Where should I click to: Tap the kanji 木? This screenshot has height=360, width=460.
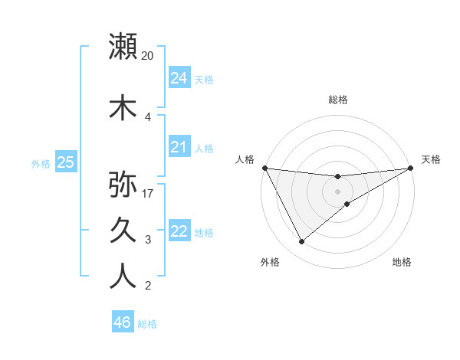123,107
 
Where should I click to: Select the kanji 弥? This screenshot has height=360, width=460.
123,185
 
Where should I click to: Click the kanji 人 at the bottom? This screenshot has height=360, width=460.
123,277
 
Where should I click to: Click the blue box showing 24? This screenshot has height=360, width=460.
179,78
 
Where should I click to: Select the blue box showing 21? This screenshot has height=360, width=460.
179,147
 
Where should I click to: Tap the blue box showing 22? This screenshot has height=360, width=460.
179,231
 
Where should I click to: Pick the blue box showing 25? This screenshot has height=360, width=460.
65,162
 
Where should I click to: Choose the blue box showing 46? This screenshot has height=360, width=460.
123,322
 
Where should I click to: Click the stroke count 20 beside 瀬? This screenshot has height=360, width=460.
148,55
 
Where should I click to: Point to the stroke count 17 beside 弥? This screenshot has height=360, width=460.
148,194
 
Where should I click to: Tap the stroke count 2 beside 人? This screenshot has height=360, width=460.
148,286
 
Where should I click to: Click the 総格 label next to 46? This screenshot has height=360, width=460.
148,324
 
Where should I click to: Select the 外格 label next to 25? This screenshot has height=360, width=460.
40,163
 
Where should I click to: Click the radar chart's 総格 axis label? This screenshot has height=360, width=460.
337,100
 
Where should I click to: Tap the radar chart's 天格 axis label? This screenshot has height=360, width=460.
431,159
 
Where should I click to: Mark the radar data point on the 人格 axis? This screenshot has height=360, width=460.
264,168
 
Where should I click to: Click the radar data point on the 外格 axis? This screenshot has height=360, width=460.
301,242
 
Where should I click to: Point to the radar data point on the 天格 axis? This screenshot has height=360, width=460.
411,168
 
